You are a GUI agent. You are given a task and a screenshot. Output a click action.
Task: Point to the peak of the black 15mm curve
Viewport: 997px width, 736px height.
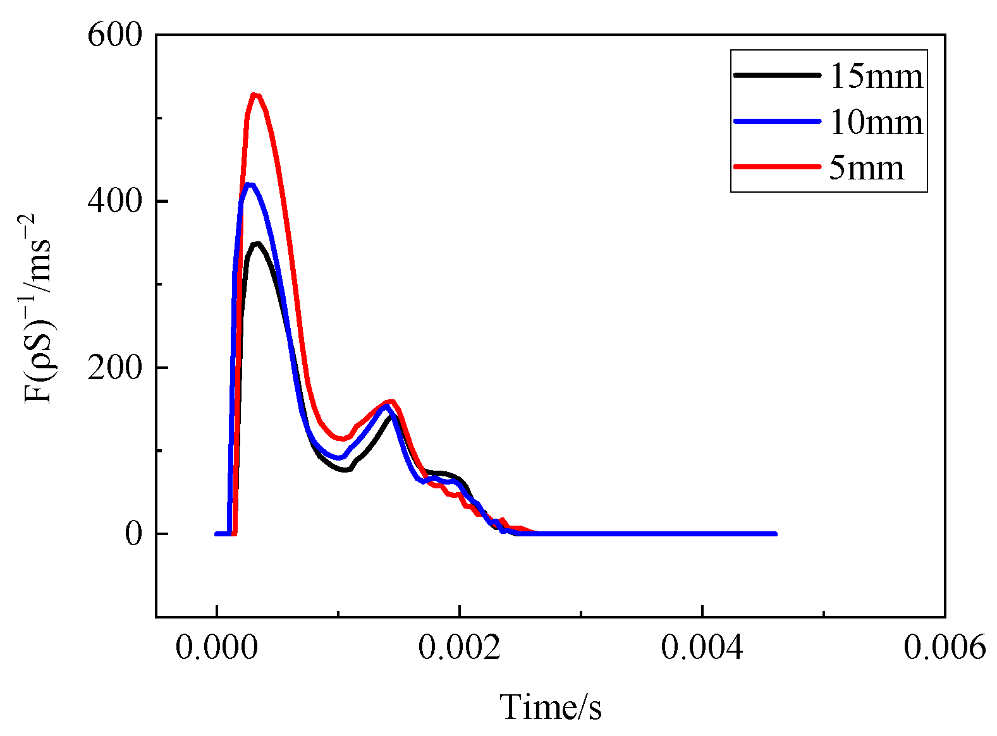tap(256, 244)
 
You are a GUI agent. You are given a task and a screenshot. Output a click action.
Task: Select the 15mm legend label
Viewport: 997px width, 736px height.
tap(876, 76)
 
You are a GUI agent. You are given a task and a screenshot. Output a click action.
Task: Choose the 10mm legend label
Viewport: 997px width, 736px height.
tap(876, 121)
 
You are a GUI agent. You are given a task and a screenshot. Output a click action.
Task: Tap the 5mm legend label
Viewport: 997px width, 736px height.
tap(866, 167)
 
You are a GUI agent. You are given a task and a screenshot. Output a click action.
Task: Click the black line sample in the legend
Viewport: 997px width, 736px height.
tap(777, 75)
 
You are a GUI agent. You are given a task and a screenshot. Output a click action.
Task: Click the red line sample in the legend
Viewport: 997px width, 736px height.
tap(777, 167)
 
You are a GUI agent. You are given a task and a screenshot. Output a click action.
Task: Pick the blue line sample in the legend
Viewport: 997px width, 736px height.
tap(777, 121)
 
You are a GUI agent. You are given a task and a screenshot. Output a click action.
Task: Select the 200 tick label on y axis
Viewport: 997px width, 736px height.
tap(115, 368)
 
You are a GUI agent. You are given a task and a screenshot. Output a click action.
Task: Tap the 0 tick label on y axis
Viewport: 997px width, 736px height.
tap(133, 534)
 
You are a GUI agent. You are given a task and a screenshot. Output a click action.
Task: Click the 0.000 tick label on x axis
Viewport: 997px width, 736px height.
tap(216, 648)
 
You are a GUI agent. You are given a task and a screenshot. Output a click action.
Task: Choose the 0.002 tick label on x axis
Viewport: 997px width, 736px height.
tap(460, 648)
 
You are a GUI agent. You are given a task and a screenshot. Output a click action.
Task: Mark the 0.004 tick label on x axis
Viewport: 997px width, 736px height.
tap(702, 648)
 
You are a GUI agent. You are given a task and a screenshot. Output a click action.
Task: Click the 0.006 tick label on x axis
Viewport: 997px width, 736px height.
tap(945, 648)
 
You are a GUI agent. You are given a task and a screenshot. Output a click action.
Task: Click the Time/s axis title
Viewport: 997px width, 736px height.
tap(551, 707)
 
